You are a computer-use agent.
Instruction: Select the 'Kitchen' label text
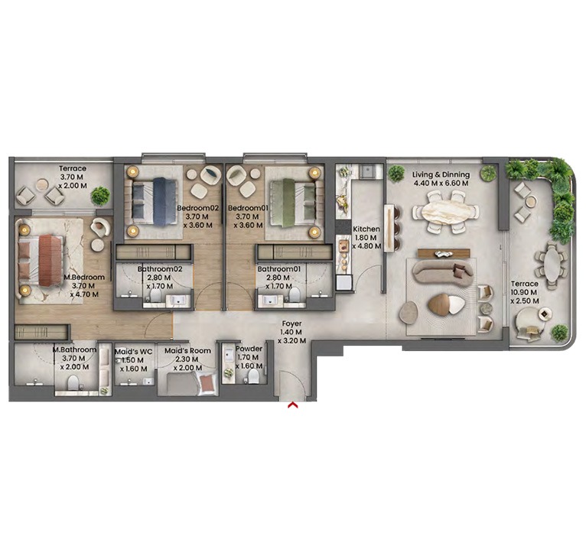[366, 229]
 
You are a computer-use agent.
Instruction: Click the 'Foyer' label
[291, 324]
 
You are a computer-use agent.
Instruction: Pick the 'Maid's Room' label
[187, 351]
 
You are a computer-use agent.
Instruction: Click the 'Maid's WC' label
[133, 351]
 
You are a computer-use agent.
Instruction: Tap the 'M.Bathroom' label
[74, 350]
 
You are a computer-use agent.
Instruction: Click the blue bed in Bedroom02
[162, 201]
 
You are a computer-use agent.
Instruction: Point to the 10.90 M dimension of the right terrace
[525, 293]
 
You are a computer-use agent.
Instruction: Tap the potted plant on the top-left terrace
[99, 196]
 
